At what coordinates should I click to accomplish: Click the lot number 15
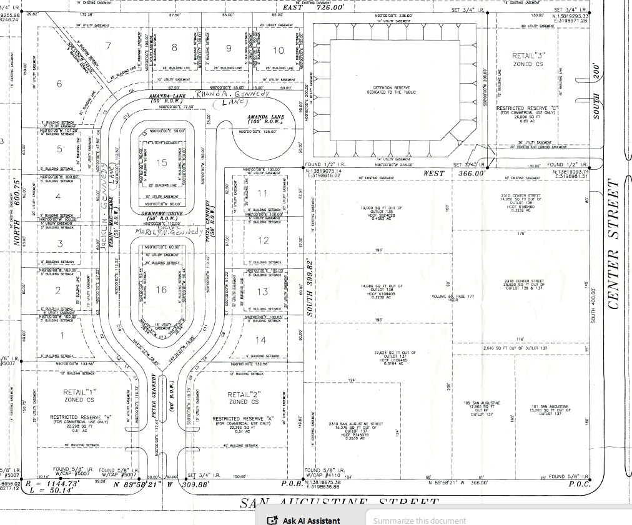(162, 163)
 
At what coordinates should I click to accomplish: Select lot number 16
(162, 289)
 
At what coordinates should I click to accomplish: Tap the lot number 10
(279, 50)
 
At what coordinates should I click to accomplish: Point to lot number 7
(108, 46)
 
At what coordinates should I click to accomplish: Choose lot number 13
(262, 292)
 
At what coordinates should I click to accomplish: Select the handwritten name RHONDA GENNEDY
(232, 96)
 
